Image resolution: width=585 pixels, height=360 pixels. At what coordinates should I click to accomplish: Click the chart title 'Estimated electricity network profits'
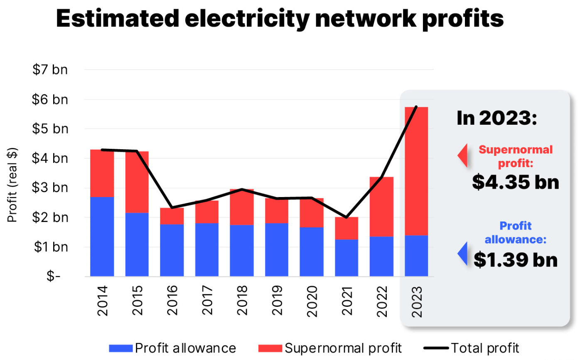point(280,18)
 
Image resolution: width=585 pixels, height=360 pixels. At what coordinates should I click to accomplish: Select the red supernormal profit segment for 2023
point(416,170)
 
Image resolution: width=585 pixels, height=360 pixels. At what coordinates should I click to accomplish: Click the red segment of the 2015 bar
point(137,182)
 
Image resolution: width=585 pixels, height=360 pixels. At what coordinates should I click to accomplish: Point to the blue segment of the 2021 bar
point(347,258)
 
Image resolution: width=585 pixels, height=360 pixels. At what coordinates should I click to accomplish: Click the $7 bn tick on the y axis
point(50,69)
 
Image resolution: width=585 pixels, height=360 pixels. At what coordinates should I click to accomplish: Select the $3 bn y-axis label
point(50,187)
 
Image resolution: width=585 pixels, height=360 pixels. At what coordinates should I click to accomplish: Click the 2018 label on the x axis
point(242,301)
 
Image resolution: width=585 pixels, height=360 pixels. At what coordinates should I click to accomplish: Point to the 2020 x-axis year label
point(312,301)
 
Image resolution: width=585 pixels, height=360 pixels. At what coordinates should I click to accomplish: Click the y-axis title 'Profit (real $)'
point(12,185)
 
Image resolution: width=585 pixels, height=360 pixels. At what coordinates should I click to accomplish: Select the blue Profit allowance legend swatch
point(120,348)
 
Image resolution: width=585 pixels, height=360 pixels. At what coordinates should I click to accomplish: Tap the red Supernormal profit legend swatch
point(270,348)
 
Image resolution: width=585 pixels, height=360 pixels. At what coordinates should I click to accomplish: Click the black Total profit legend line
point(436,348)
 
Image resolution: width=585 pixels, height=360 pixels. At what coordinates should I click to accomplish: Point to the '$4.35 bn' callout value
point(516,182)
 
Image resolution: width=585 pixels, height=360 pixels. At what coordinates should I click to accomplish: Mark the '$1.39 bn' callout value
point(516,259)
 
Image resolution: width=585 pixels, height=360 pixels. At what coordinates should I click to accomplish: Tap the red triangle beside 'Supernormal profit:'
point(463,155)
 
